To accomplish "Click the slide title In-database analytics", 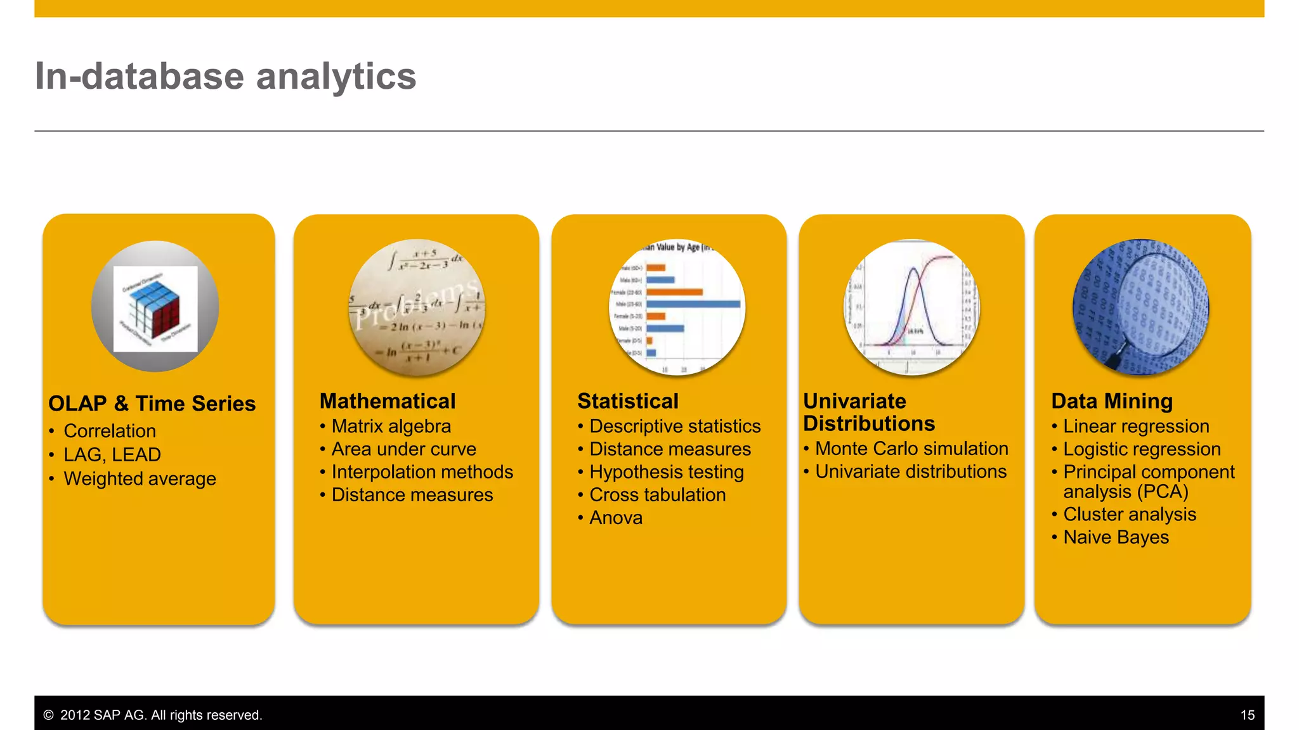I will click(x=225, y=77).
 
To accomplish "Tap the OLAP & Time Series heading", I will click(x=152, y=404).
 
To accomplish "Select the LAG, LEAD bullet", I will click(x=112, y=455).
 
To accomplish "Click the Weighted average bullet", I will click(x=140, y=479).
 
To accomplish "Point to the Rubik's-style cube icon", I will click(x=155, y=308).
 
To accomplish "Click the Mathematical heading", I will click(x=388, y=401).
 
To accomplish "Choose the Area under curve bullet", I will click(x=403, y=449).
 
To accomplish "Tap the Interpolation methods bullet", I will click(x=422, y=472).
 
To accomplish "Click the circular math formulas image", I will click(x=417, y=307).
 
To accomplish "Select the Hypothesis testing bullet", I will click(x=666, y=472).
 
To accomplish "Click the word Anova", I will click(x=616, y=518).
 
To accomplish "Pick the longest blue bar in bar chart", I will click(x=693, y=304).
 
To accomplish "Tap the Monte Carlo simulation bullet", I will click(x=911, y=449).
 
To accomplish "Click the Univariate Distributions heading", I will click(x=869, y=412).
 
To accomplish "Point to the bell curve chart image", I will click(x=911, y=307).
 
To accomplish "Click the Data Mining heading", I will click(x=1112, y=401).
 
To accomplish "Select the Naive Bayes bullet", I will click(x=1116, y=537).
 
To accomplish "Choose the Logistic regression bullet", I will click(x=1141, y=449).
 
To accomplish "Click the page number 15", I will click(x=1247, y=715).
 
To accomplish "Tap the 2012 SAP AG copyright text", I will click(x=160, y=715).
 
